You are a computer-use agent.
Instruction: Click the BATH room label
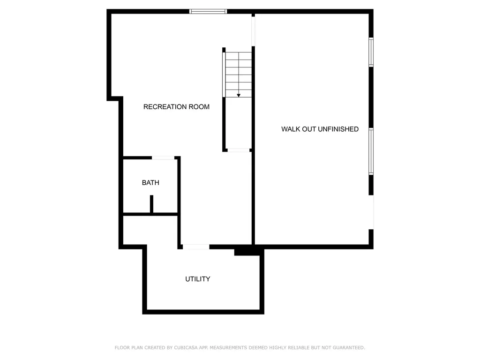[150, 183]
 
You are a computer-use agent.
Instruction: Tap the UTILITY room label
[197, 279]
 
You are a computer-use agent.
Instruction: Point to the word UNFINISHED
[338, 129]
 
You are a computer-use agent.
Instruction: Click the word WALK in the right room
[290, 129]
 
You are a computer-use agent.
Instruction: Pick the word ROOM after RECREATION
[199, 107]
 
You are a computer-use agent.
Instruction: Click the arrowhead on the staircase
[239, 95]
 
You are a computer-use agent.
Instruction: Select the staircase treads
[239, 73]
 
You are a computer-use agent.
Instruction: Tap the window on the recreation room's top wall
[208, 11]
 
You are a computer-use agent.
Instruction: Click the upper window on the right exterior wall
[371, 52]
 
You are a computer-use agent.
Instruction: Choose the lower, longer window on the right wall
[371, 151]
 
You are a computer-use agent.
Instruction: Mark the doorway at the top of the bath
[163, 158]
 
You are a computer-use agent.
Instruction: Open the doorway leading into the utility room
[195, 247]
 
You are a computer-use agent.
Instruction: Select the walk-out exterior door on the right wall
[371, 212]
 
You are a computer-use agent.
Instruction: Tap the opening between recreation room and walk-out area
[253, 31]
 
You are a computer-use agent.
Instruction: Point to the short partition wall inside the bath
[151, 204]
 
